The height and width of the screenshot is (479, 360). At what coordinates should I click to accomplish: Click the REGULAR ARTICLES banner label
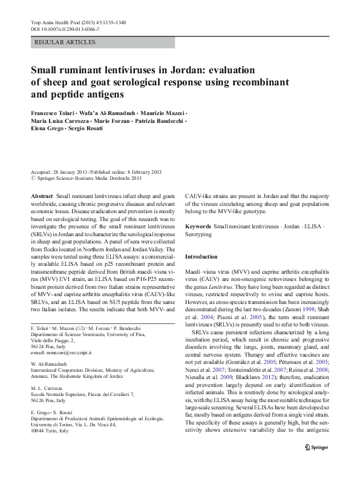point(65,42)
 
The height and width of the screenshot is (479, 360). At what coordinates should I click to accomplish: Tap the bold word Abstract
point(42,197)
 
